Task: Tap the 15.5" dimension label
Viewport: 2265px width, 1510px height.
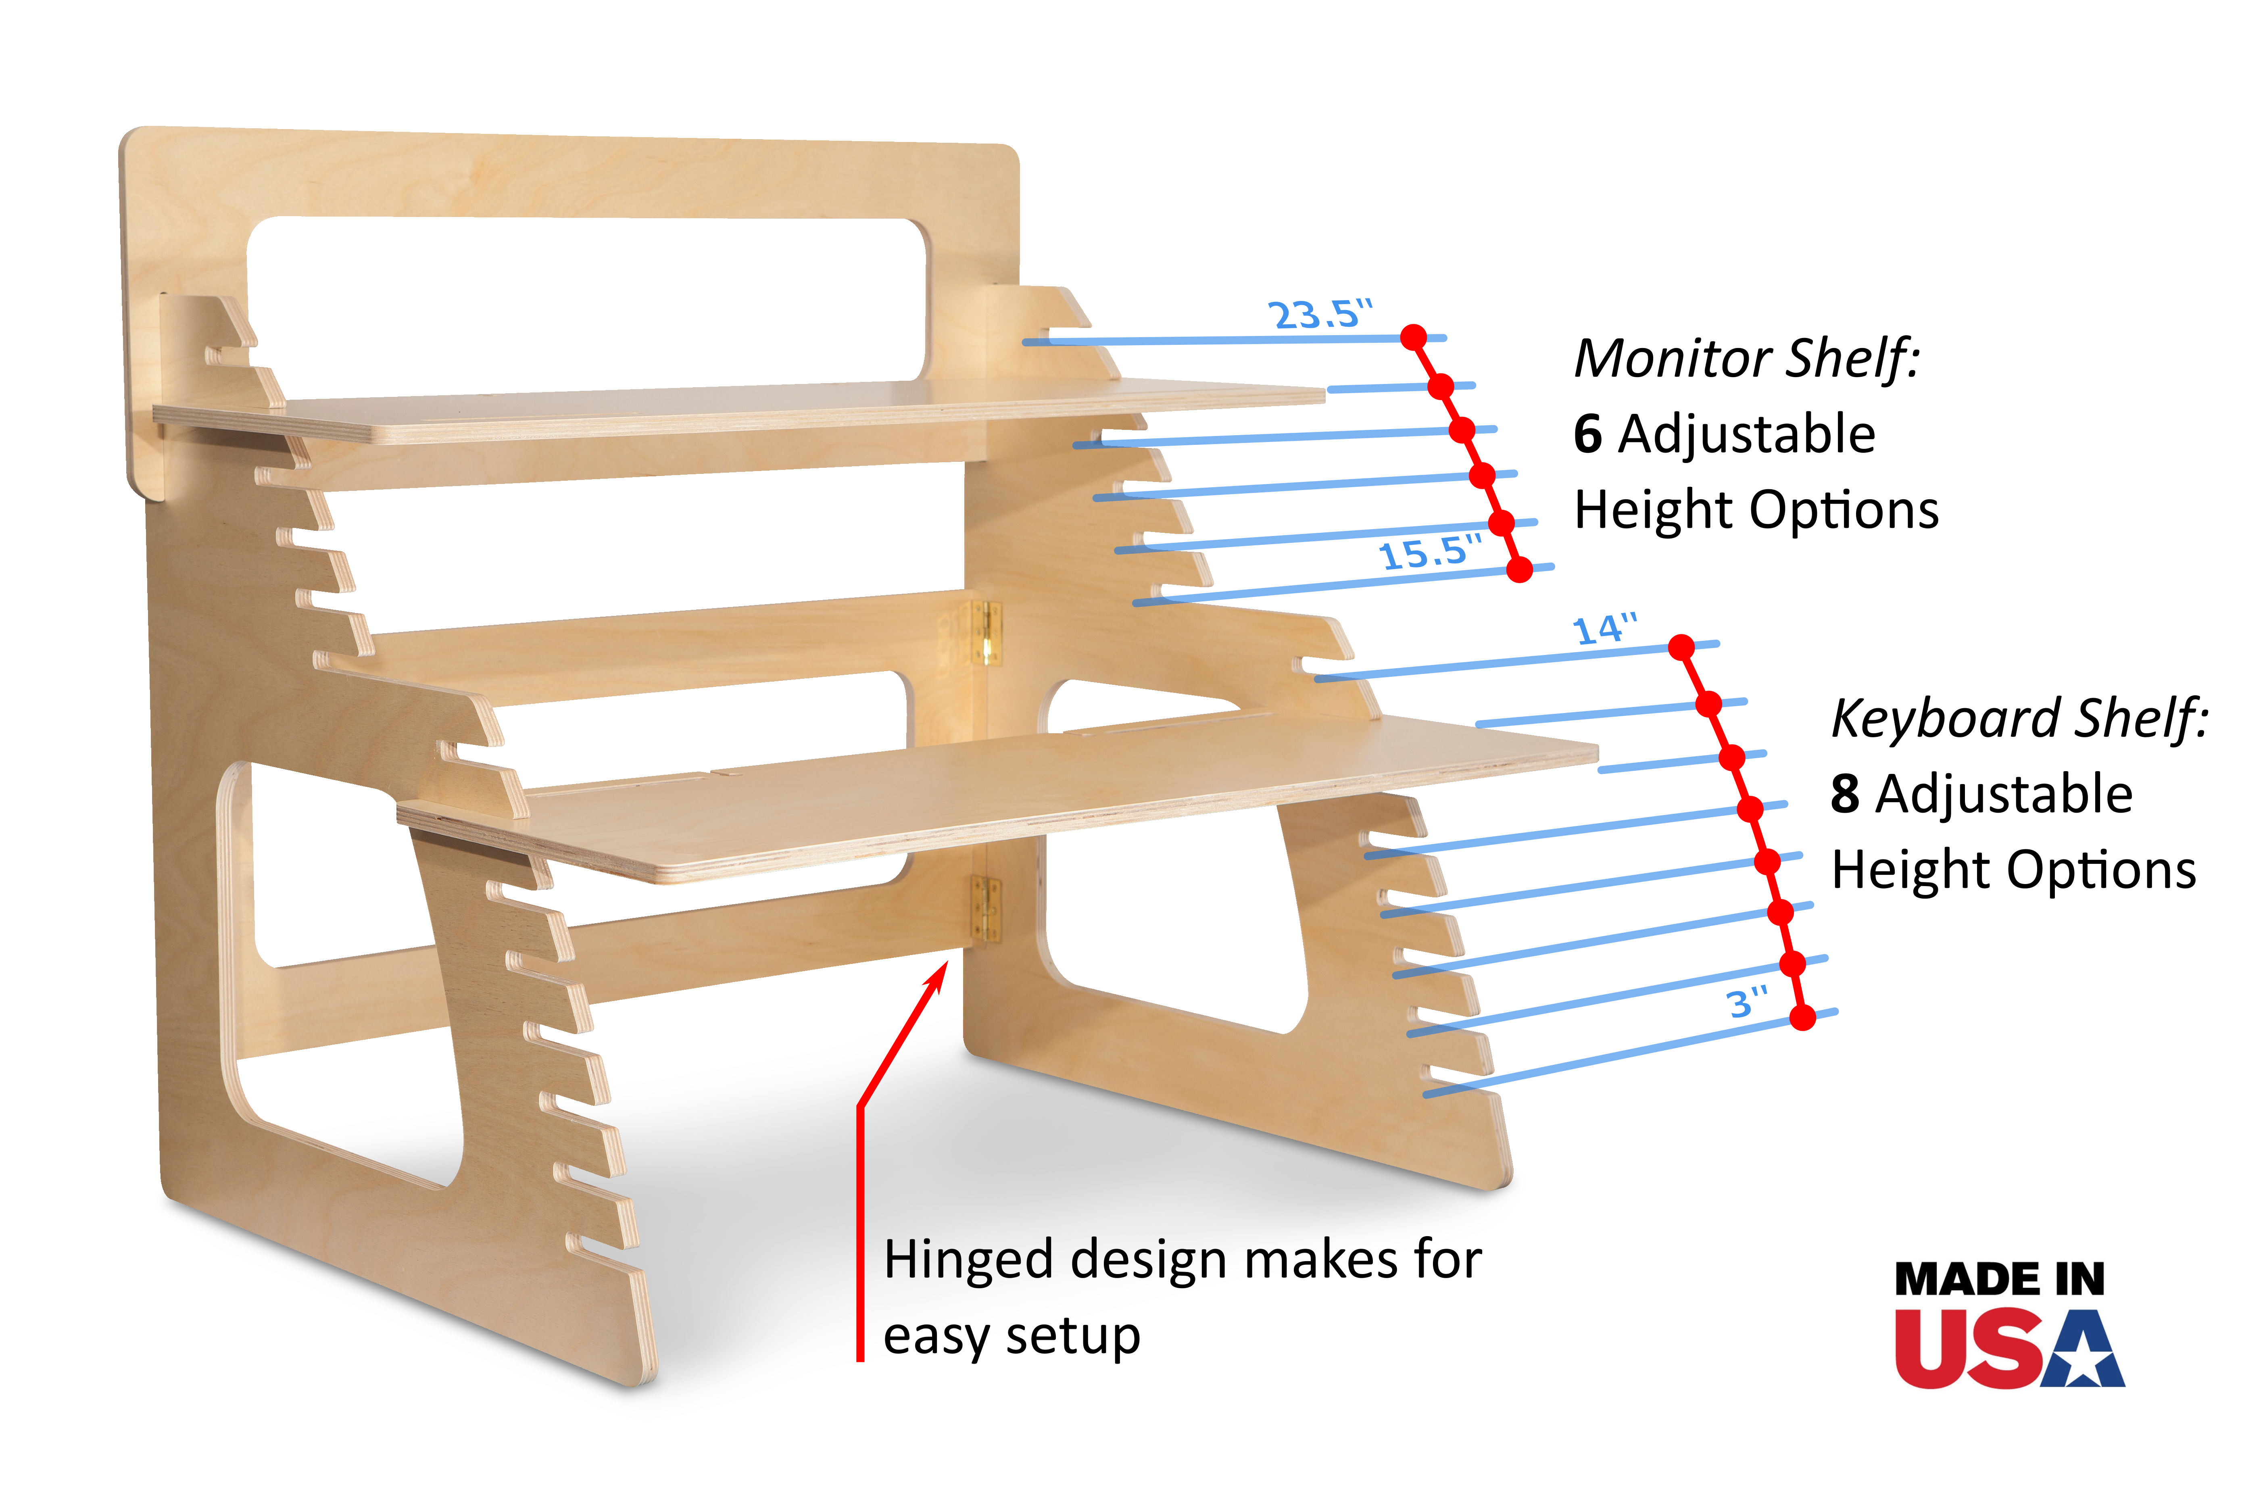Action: (1429, 553)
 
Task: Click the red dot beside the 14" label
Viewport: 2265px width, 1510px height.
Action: (1681, 647)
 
